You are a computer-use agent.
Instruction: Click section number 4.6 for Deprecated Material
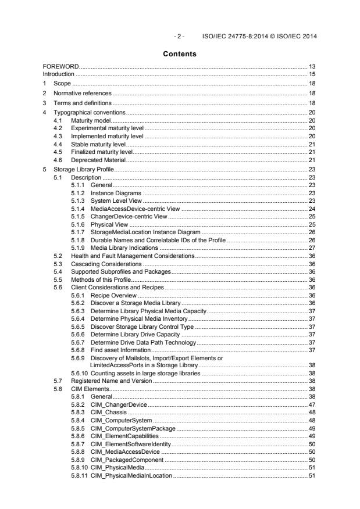[59, 159]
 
